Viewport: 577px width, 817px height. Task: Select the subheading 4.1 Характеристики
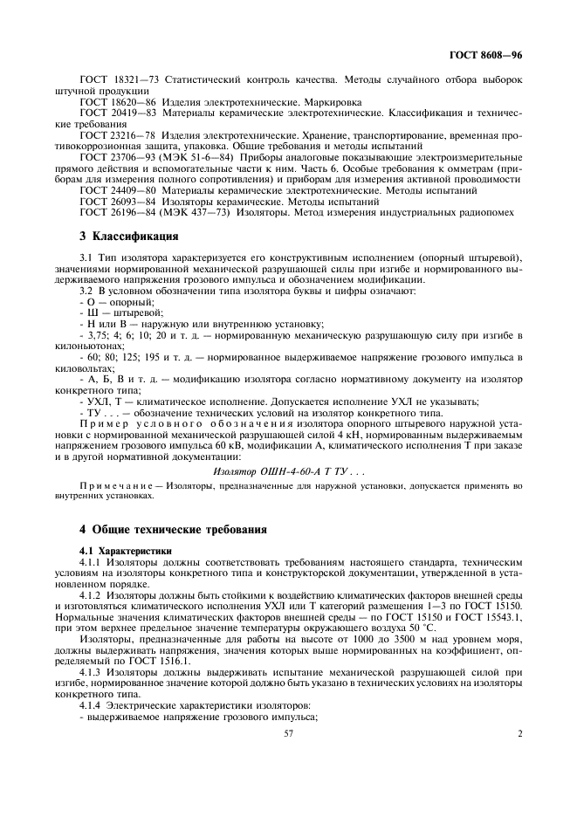pyautogui.click(x=126, y=551)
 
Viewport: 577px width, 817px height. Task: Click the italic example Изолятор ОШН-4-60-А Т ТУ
pyautogui.click(x=277, y=471)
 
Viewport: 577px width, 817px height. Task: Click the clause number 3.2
pyautogui.click(x=86, y=289)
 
